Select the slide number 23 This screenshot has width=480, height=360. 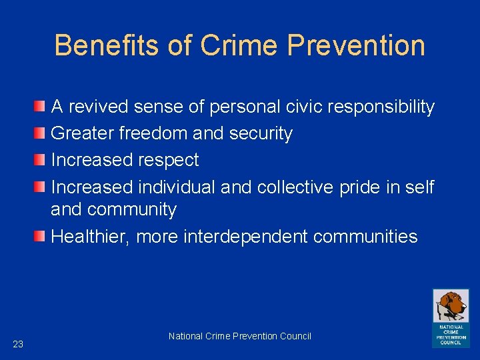coord(18,344)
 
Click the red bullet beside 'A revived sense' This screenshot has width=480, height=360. coord(41,107)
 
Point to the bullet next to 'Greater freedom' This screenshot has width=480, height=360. coord(41,133)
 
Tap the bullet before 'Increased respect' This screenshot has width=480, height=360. coord(41,160)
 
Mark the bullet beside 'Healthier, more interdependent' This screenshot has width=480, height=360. coord(41,236)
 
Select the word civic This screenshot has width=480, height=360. coord(299,107)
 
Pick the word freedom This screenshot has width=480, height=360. coord(154,133)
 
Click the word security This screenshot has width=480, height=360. coord(261,133)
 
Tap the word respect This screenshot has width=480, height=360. coord(168,160)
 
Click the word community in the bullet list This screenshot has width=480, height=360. coord(131,209)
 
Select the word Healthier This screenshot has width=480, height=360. coord(91,237)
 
